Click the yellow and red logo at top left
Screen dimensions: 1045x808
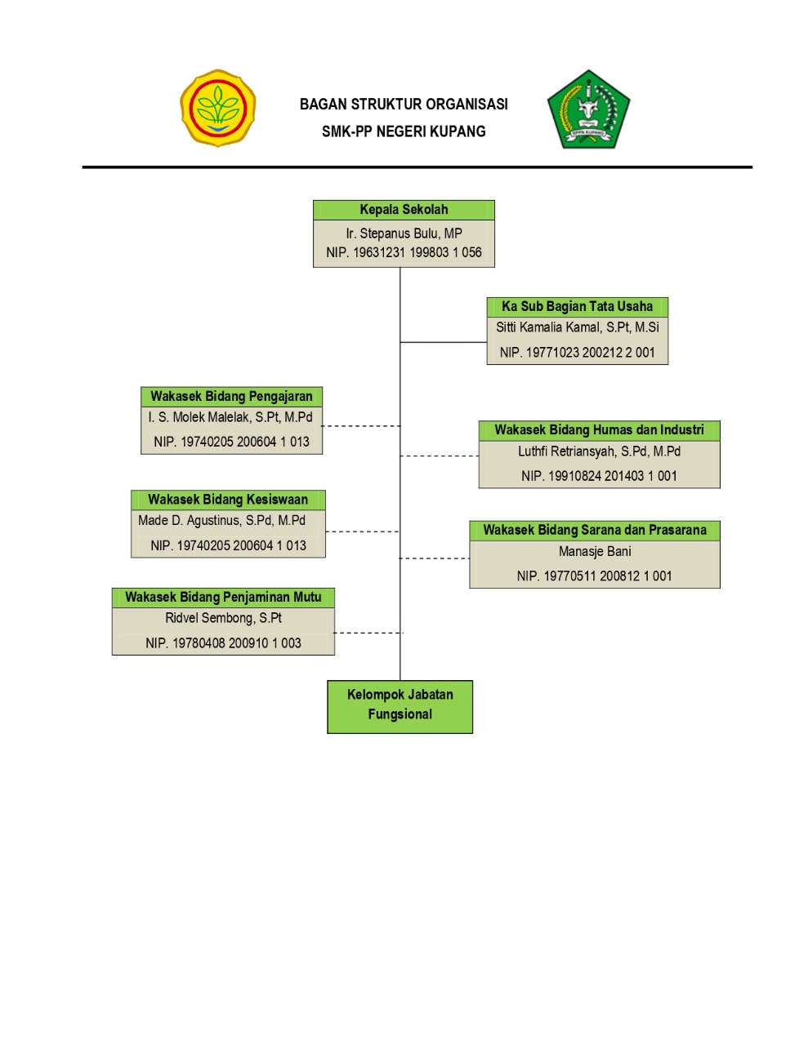click(217, 108)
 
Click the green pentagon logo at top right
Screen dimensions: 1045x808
click(588, 109)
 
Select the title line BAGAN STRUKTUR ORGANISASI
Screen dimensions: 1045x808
click(404, 104)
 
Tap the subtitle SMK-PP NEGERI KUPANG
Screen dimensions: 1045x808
click(404, 131)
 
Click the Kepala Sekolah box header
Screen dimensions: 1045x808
click(404, 210)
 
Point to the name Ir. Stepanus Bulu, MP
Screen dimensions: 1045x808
click(404, 233)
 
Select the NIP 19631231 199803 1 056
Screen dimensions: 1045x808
click(404, 253)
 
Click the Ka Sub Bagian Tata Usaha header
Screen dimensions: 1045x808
click(577, 307)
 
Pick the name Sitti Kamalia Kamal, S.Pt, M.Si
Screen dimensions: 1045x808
click(577, 327)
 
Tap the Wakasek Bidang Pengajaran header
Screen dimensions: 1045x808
click(231, 397)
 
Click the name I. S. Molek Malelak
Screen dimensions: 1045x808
click(230, 417)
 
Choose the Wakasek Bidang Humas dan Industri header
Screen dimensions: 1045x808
click(599, 430)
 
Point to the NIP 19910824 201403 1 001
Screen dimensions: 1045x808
click(599, 476)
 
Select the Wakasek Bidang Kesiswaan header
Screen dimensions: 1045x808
click(228, 500)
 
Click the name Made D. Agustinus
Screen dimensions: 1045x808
click(221, 521)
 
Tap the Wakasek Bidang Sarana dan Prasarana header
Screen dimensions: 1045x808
click(594, 531)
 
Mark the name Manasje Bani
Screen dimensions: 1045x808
click(594, 552)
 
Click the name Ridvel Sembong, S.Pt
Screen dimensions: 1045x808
click(223, 618)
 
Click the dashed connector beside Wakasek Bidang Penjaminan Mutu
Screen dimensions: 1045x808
click(367, 633)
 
